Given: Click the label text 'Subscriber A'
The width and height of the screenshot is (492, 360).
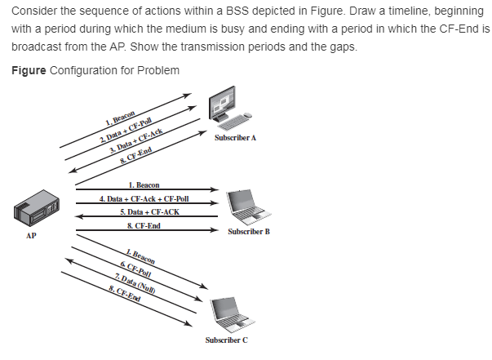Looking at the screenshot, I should [x=235, y=138].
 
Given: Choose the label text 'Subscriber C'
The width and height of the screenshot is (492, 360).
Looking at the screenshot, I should [x=227, y=339].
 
